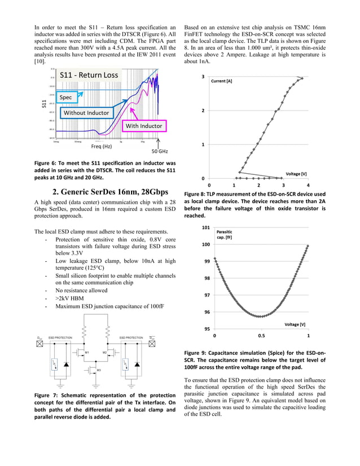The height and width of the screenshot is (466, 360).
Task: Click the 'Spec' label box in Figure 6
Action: [71, 98]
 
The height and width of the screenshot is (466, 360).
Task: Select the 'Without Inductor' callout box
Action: [86, 113]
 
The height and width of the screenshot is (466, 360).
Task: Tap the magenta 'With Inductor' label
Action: [143, 125]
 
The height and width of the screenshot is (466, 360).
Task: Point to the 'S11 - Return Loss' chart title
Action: [89, 75]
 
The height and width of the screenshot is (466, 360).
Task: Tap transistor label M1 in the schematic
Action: [86, 352]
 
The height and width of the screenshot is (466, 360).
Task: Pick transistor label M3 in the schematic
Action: [99, 370]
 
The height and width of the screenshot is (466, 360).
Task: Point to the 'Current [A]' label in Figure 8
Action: [221, 81]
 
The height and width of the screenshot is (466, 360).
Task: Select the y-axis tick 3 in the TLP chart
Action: [203, 76]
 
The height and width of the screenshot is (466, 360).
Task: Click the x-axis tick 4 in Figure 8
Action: [308, 185]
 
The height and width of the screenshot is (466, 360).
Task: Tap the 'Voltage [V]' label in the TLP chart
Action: [296, 174]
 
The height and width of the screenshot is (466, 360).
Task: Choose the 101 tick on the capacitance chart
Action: [206, 227]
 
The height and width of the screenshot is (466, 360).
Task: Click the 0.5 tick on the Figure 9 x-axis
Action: [261, 335]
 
